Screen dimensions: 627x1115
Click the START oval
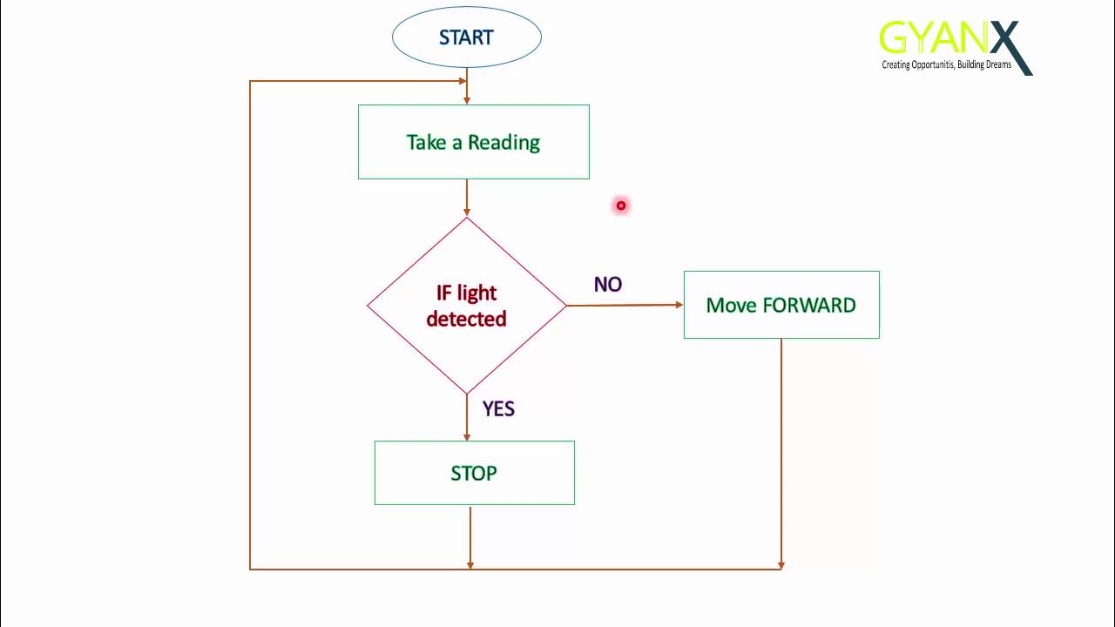pyautogui.click(x=467, y=37)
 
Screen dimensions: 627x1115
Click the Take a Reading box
pyautogui.click(x=473, y=142)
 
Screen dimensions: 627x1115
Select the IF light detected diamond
pyautogui.click(x=466, y=306)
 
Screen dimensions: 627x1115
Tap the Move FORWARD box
pyautogui.click(x=781, y=305)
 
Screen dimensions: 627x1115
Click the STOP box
pyautogui.click(x=474, y=473)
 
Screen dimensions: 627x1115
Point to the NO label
pyautogui.click(x=608, y=285)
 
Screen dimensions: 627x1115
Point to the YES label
pyautogui.click(x=498, y=408)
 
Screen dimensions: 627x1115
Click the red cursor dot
pyautogui.click(x=621, y=206)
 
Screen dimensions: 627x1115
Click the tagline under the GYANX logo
pyautogui.click(x=946, y=65)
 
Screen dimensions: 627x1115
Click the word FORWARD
pyautogui.click(x=809, y=305)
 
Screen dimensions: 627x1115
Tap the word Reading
pyautogui.click(x=503, y=142)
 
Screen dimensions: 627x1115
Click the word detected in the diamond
pyautogui.click(x=466, y=320)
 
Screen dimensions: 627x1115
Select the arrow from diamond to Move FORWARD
pyautogui.click(x=624, y=305)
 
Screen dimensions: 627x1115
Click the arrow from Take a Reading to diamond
pyautogui.click(x=467, y=198)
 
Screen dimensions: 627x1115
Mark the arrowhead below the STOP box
pyautogui.click(x=470, y=564)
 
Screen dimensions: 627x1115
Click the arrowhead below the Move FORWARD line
pyautogui.click(x=781, y=564)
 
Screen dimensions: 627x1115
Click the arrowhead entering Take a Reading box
pyautogui.click(x=467, y=99)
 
